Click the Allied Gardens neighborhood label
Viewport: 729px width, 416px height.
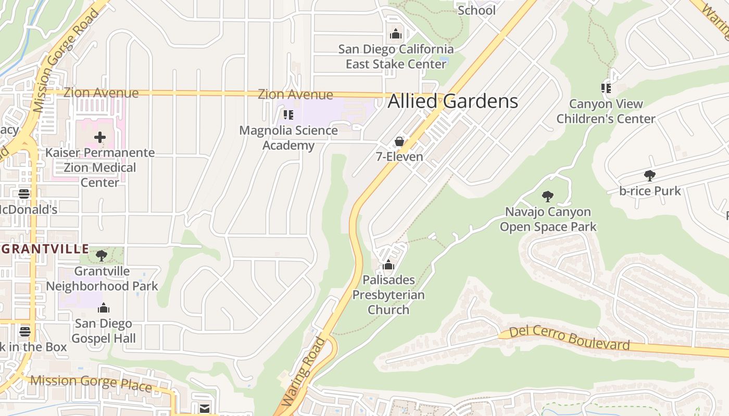tap(453, 101)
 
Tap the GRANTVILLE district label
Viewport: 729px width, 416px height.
tap(45, 249)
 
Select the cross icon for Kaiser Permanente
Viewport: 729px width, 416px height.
tap(100, 138)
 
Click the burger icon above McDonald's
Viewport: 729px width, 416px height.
tap(24, 194)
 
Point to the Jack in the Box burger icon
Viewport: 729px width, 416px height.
tap(25, 331)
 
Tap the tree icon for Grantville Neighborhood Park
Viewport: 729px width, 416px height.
tap(102, 255)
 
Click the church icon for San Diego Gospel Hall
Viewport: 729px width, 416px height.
tap(104, 308)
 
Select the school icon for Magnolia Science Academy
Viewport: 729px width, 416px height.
tap(288, 114)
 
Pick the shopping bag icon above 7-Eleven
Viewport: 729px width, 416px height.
tap(399, 141)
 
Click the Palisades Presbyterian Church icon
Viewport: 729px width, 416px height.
tap(388, 265)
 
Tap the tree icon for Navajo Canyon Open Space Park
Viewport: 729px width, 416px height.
tap(547, 196)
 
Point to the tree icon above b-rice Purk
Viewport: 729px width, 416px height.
tap(649, 175)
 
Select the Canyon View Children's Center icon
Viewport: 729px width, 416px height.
tap(606, 88)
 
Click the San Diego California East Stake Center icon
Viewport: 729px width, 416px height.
tap(396, 34)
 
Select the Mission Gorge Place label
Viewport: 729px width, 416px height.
tap(91, 383)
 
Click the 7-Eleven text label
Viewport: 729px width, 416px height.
tap(399, 157)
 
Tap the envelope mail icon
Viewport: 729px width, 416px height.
tap(204, 409)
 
